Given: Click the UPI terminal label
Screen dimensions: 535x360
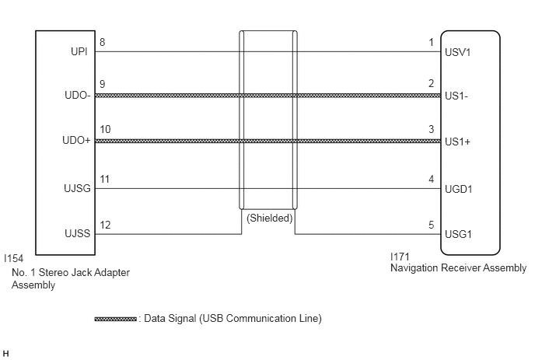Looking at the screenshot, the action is [x=79, y=51].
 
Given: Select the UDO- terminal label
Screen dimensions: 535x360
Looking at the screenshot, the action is [x=78, y=95].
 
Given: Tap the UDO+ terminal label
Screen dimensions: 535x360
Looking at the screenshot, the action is [x=76, y=140].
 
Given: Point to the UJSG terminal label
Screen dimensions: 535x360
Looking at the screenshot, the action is [x=77, y=188].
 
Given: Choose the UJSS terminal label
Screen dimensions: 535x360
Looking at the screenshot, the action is [x=78, y=233].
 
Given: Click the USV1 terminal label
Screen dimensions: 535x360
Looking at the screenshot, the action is [x=457, y=52].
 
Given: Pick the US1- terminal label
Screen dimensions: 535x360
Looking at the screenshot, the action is [x=456, y=96].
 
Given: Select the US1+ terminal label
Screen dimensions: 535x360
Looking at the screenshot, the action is [x=457, y=142].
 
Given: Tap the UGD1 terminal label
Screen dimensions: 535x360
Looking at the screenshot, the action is [x=459, y=189].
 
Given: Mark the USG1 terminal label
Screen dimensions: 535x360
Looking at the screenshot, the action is [x=458, y=234].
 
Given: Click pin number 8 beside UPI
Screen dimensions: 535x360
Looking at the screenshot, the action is [x=103, y=42].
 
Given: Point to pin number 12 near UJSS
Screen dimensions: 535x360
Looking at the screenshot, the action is [x=105, y=225].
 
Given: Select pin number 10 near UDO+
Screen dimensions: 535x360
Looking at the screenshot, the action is [x=105, y=129].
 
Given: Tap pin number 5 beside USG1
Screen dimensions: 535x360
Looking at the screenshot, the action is [x=432, y=225].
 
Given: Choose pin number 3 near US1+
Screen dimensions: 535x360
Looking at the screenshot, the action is [x=432, y=129].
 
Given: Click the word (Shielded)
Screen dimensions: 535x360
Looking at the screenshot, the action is [x=270, y=218].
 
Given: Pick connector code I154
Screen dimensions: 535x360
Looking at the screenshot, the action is [x=14, y=258].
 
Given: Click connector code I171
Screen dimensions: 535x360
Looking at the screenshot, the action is [x=400, y=257].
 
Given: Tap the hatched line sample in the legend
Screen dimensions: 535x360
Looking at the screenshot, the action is [x=116, y=319].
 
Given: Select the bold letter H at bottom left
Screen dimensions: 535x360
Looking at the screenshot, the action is [x=5, y=354].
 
